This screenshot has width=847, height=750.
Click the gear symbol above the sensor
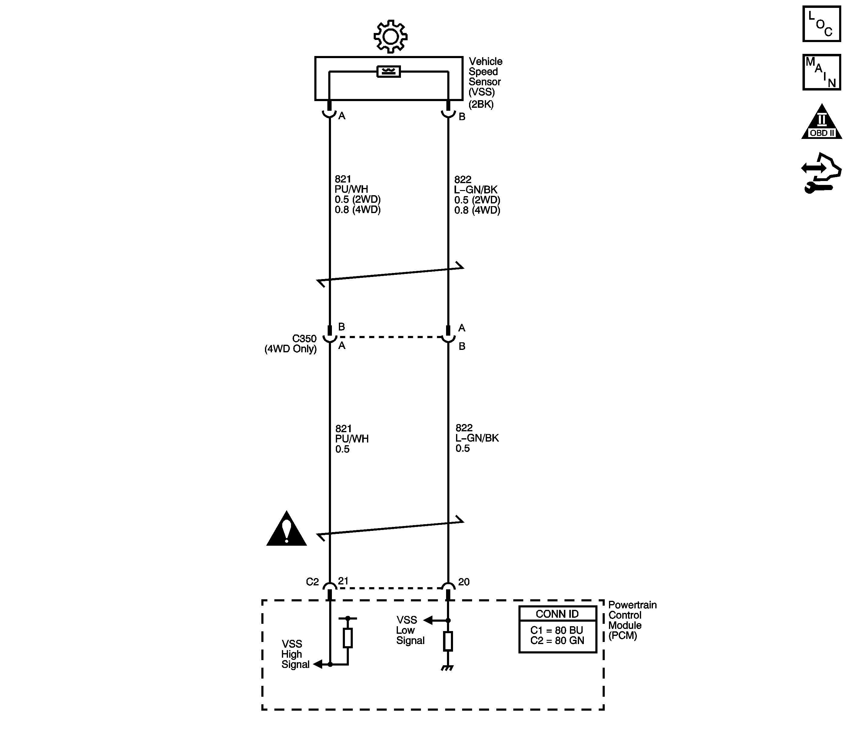[390, 36]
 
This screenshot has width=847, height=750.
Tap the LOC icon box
[821, 24]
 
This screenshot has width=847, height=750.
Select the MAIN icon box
[821, 72]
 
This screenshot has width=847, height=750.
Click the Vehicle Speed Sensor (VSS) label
[485, 82]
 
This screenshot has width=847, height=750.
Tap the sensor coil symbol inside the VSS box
[389, 72]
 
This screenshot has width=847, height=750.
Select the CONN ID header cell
[557, 614]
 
